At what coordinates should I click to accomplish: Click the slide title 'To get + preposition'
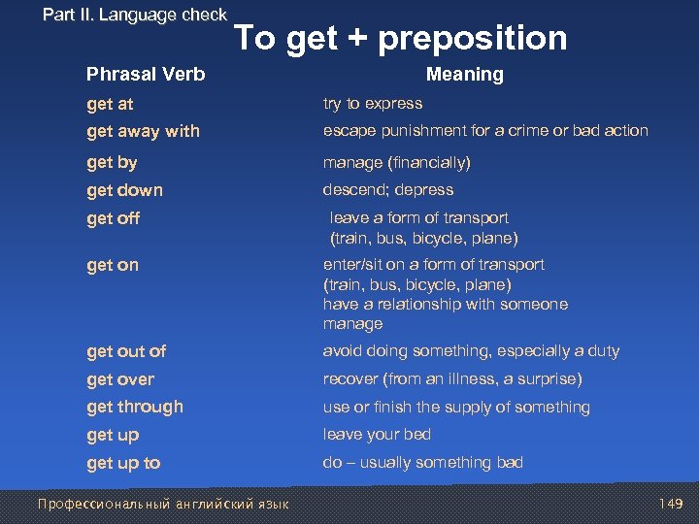[401, 38]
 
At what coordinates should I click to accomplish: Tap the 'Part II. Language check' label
[135, 15]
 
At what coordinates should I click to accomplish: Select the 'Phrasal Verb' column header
[146, 74]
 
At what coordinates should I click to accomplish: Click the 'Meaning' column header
[465, 74]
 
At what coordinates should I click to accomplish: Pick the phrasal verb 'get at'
[110, 104]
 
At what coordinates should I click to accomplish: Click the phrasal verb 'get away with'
[143, 131]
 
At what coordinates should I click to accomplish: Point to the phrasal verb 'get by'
[112, 162]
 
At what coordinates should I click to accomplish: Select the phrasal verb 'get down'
[124, 190]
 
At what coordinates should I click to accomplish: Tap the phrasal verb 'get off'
[113, 218]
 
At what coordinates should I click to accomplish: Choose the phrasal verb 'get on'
[113, 265]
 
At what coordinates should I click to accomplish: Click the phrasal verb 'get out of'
[126, 351]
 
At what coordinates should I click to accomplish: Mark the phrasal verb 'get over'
[120, 379]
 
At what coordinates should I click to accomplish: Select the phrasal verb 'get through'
[134, 407]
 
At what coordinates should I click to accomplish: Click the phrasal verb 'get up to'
[123, 463]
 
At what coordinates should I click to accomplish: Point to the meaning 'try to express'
[373, 103]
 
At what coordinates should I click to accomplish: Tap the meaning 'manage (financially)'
[396, 162]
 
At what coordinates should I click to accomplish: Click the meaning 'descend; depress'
[388, 190]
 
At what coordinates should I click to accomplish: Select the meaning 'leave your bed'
[377, 435]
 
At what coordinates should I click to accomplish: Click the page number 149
[671, 504]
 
